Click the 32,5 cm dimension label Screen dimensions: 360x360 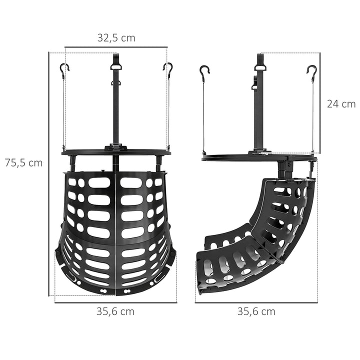116,37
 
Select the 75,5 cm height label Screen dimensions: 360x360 24,162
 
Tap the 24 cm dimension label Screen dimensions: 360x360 341,104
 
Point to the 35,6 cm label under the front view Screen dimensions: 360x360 115,311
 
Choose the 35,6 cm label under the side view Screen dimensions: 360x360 256,311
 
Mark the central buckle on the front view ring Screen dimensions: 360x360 116,147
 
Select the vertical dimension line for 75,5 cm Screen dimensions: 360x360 49,175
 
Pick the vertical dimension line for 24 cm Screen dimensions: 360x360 319,104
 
